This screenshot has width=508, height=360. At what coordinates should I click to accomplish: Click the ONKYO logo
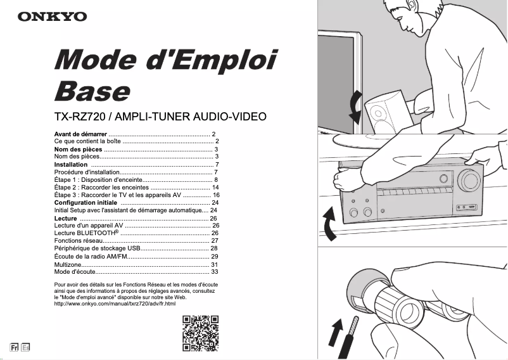52,16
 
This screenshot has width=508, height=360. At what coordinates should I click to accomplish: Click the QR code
201,333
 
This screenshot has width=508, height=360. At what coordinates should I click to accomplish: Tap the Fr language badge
14,347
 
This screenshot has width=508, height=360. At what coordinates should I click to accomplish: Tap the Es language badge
25,347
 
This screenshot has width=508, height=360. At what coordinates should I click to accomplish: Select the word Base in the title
91,91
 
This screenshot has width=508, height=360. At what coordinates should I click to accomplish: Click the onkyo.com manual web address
115,304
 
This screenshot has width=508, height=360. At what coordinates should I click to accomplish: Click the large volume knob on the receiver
467,181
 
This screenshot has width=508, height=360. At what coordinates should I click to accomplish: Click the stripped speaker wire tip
356,323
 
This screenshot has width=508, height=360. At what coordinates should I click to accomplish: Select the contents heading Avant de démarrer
80,134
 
